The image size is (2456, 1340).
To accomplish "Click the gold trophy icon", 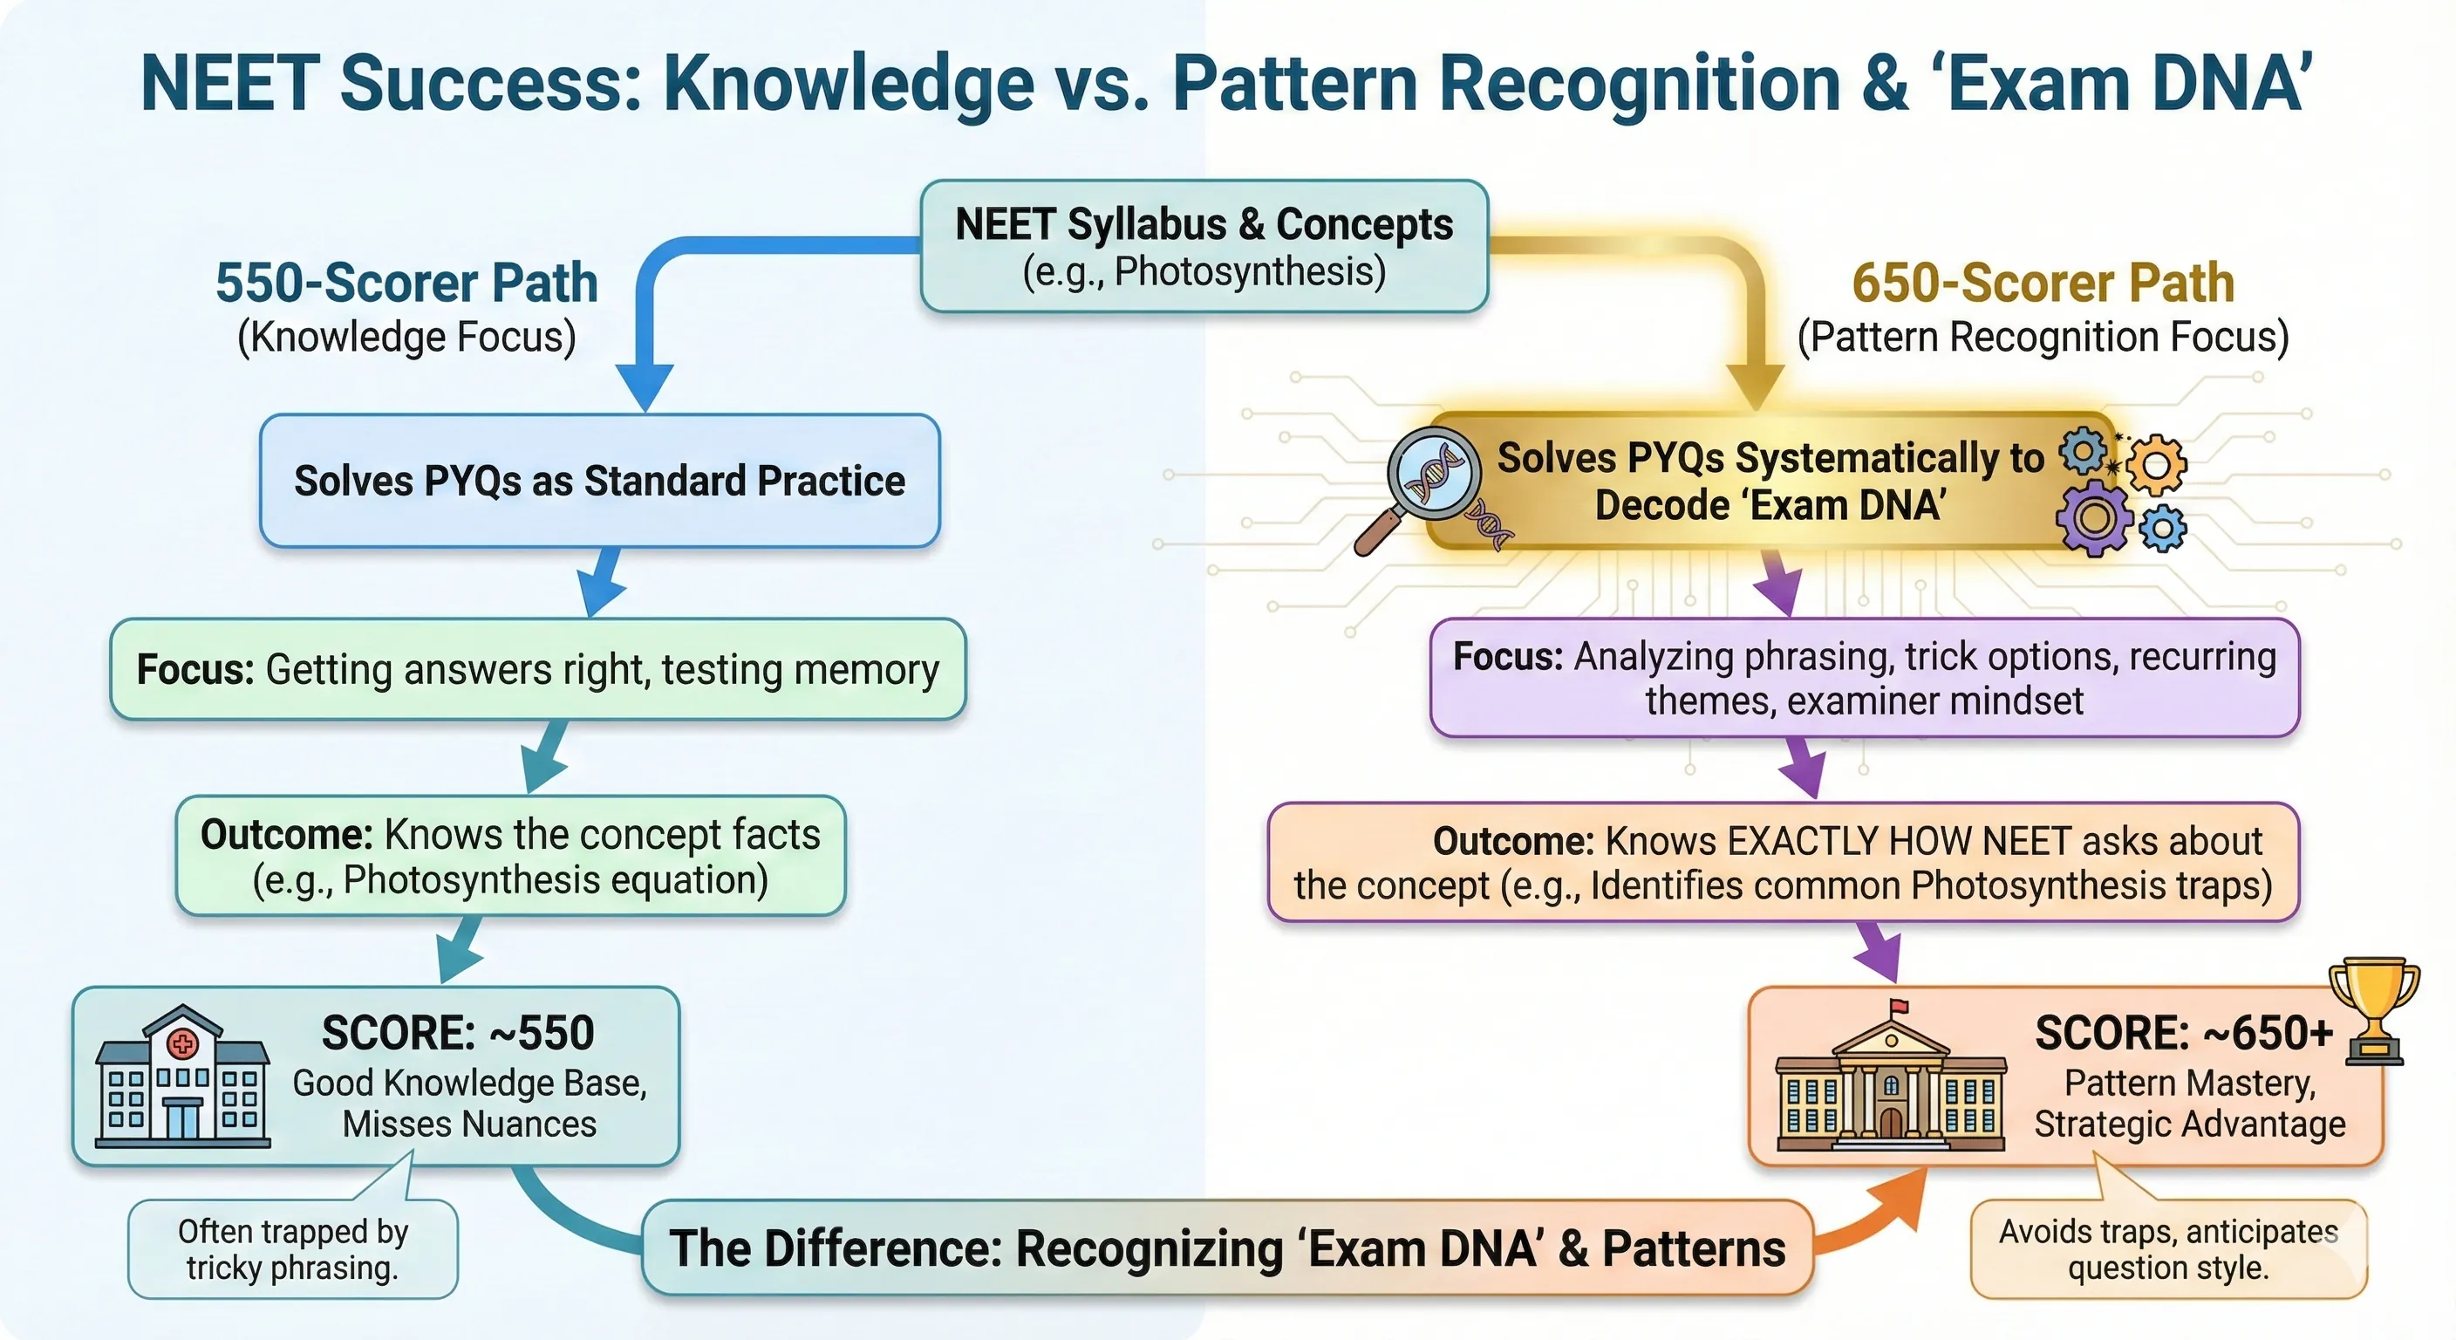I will click(2373, 1011).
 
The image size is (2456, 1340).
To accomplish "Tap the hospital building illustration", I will click(182, 1077).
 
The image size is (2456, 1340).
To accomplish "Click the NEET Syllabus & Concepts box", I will click(1204, 246).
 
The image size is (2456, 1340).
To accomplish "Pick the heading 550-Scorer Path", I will click(407, 283).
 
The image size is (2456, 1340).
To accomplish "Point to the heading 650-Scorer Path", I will click(2043, 283).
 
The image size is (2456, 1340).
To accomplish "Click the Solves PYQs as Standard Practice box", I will click(600, 481).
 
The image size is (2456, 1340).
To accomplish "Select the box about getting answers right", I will click(538, 669).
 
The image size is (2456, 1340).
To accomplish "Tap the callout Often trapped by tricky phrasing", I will click(293, 1249).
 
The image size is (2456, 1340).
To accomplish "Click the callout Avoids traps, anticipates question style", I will click(2168, 1249).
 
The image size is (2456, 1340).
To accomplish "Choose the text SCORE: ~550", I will click(458, 1033).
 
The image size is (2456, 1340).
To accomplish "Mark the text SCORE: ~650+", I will click(2183, 1033).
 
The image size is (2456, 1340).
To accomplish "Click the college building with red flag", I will click(1891, 1083).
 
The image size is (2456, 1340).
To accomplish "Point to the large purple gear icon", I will click(2093, 518).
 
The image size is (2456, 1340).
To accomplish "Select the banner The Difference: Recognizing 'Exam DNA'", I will click(1227, 1248).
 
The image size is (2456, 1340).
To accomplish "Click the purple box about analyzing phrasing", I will click(1864, 678).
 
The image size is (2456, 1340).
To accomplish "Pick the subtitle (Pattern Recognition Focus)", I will click(2043, 338).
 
